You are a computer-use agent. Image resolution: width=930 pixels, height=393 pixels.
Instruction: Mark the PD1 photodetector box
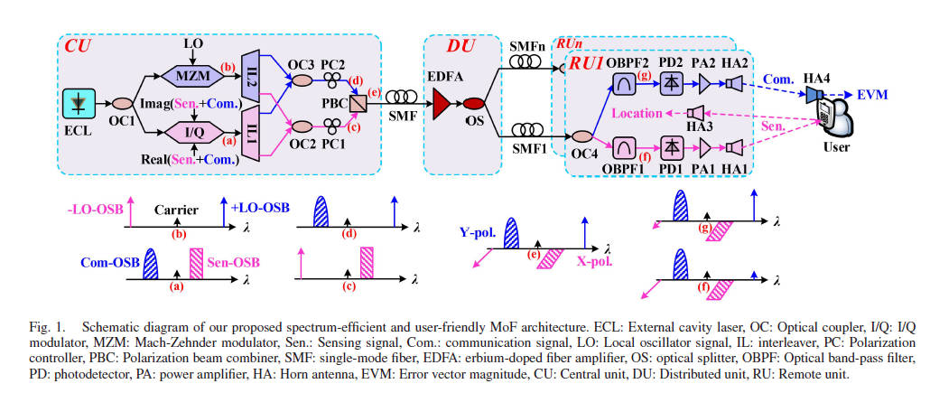pyautogui.click(x=670, y=145)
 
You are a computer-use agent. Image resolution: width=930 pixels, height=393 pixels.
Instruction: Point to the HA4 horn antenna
pyautogui.click(x=814, y=94)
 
